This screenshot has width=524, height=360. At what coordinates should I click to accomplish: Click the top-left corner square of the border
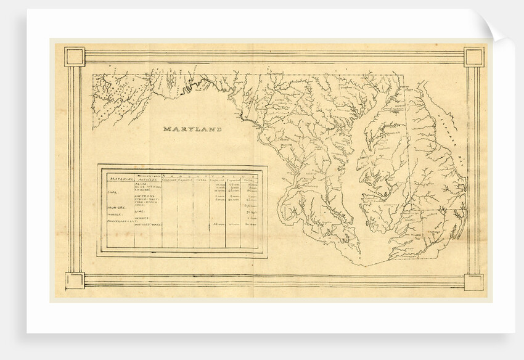pos(74,57)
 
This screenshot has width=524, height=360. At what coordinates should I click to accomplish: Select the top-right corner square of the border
pos(474,57)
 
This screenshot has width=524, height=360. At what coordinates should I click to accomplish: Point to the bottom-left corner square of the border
pos(74,282)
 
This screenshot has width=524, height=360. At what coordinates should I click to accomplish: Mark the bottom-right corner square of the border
pos(474,282)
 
